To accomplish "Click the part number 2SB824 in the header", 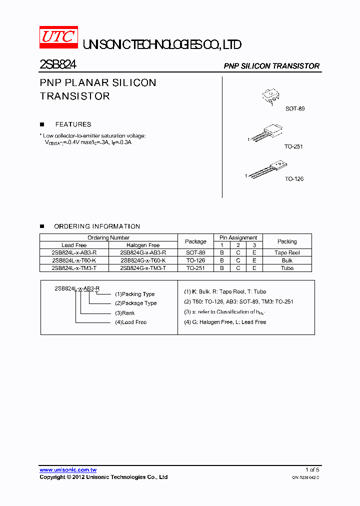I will (58, 65).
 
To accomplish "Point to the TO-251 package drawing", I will (267, 132).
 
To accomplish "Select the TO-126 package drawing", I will (268, 169).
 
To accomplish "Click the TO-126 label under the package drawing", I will (294, 179).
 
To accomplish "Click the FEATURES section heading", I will (73, 124).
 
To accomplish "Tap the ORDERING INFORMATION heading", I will (97, 226).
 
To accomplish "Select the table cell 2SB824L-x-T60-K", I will (74, 260).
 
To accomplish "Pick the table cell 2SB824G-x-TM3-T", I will (143, 268).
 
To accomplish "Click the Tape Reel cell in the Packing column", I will (287, 253).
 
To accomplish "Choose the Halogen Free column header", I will (143, 245).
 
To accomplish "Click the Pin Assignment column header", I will (238, 237).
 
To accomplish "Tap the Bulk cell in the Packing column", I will (287, 260).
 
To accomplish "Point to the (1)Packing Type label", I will (135, 294).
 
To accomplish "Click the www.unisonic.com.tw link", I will (68, 470).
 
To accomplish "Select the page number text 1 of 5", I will (312, 470).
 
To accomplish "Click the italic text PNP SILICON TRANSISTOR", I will (271, 66).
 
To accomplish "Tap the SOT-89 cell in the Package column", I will (195, 253).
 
